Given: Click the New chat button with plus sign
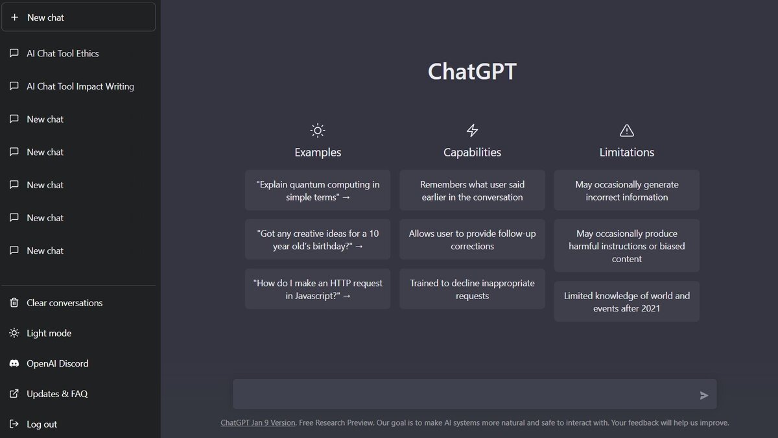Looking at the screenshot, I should click(78, 18).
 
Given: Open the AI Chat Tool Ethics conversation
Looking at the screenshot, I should click(63, 54).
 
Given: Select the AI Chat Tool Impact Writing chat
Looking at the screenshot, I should click(80, 86).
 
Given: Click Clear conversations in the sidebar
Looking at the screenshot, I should click(64, 303).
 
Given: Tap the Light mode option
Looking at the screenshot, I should click(49, 334).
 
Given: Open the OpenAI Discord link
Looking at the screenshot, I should click(57, 363).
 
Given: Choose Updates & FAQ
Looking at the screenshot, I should click(56, 394).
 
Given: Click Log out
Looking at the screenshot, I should click(41, 424).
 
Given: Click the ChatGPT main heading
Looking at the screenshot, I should click(472, 71).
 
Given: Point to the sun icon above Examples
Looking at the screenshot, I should click(318, 130).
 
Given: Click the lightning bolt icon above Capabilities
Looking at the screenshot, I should click(472, 130).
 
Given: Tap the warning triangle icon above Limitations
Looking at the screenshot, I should click(626, 130).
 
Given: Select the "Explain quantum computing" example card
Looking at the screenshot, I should click(318, 191).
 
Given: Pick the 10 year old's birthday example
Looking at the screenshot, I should click(318, 240).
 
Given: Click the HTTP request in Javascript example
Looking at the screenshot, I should click(318, 289).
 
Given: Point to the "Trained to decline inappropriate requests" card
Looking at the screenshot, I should click(472, 289).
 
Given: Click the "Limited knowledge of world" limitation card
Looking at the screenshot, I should click(626, 302).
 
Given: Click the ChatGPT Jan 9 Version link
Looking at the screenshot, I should click(258, 422).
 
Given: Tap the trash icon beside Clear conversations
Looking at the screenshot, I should click(14, 303).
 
